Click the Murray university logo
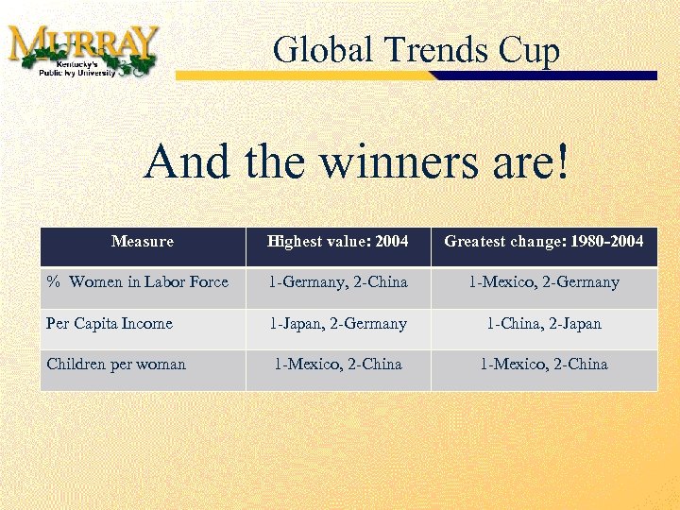coord(82,49)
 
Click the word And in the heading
coord(186,162)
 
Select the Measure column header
coord(143,242)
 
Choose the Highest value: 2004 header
coord(338,242)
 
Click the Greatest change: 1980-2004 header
coord(544,242)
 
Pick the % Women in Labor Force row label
coord(138,282)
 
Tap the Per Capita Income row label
coord(110,324)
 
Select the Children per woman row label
coord(116,365)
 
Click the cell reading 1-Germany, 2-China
coord(338,282)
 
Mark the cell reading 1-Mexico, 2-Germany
coord(544,282)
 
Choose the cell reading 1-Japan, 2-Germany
coord(338,324)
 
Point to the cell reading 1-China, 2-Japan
coord(544,324)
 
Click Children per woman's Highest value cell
coord(338,365)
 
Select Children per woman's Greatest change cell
coord(544,365)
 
